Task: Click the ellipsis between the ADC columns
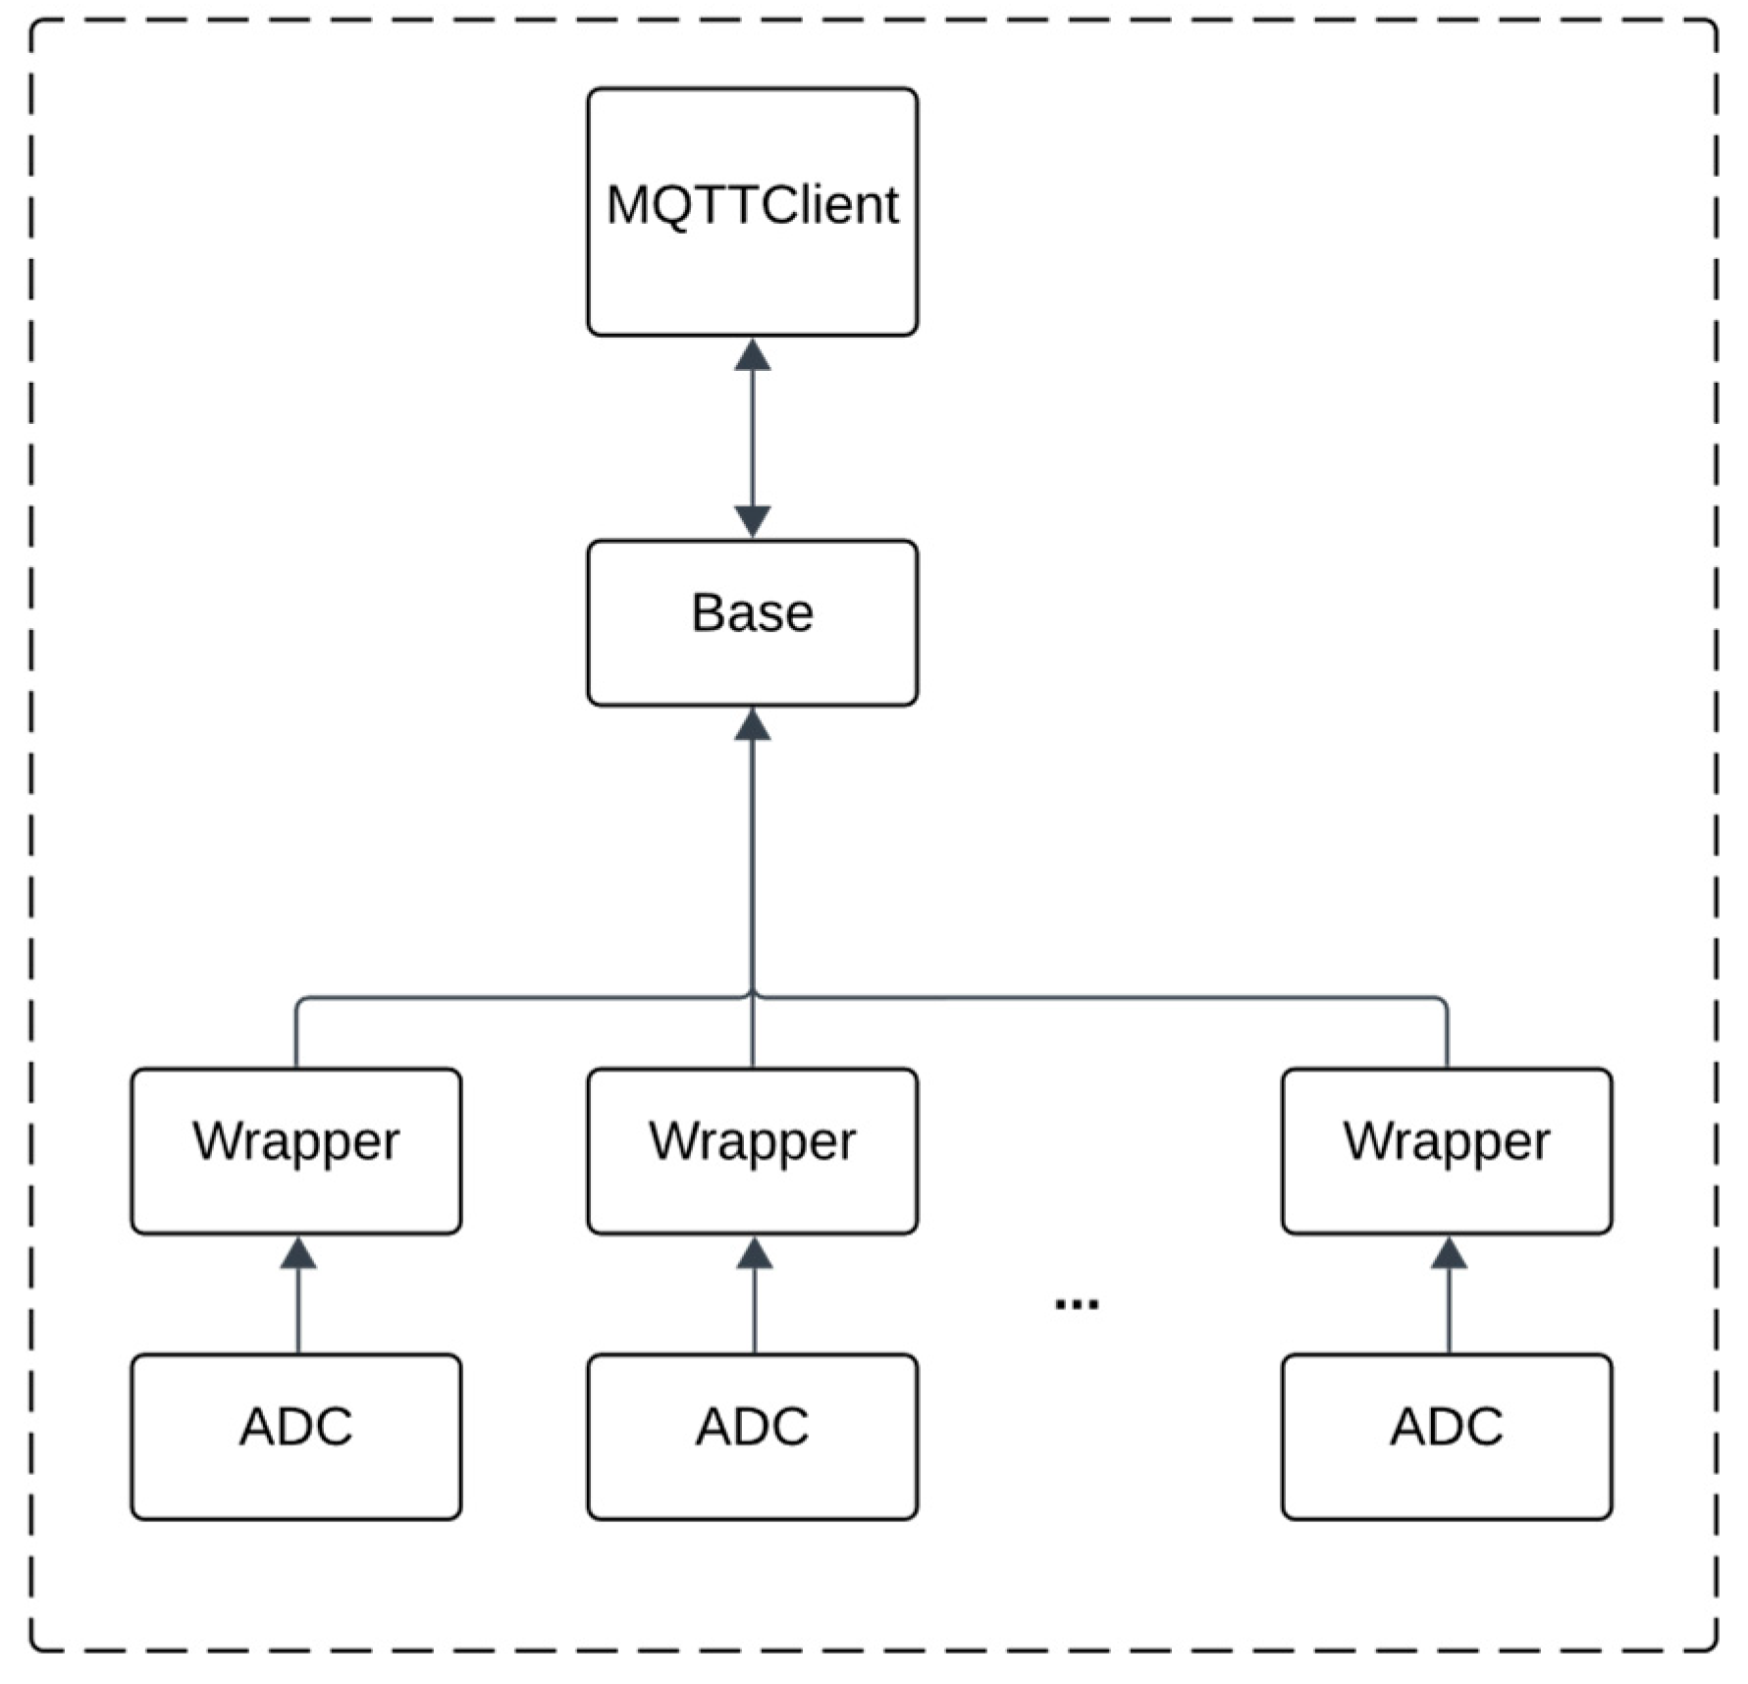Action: click(x=1076, y=1304)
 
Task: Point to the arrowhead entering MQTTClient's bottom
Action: click(x=752, y=355)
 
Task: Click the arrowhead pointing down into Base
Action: click(x=752, y=521)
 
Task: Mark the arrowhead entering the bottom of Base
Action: click(x=752, y=725)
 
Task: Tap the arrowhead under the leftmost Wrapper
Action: click(x=298, y=1253)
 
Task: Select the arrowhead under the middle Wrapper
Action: click(x=754, y=1253)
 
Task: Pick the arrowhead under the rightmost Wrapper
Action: click(x=1449, y=1253)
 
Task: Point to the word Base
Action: click(x=752, y=613)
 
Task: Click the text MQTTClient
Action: click(x=752, y=206)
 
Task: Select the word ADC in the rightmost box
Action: click(x=1446, y=1427)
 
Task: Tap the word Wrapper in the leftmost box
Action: click(x=295, y=1141)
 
